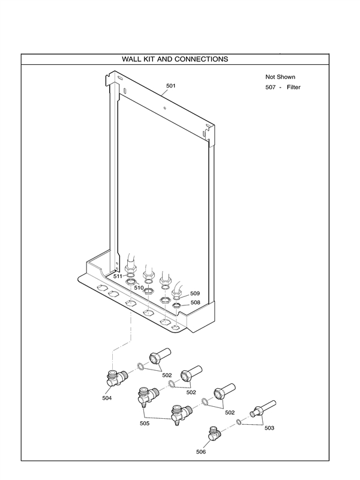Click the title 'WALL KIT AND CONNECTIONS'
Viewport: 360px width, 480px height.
pyautogui.click(x=175, y=59)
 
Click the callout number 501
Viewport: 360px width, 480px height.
pyautogui.click(x=171, y=86)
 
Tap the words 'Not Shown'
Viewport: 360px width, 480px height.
pyautogui.click(x=280, y=77)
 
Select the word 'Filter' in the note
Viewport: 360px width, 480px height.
pyautogui.click(x=293, y=88)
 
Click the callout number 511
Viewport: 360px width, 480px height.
pyautogui.click(x=118, y=277)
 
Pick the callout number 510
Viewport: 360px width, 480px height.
pyautogui.click(x=139, y=288)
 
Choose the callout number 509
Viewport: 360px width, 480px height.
pyautogui.click(x=194, y=293)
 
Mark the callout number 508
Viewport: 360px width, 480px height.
pyautogui.click(x=195, y=303)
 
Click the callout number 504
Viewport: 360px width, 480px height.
pyautogui.click(x=107, y=397)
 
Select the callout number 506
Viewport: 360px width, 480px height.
pyautogui.click(x=201, y=452)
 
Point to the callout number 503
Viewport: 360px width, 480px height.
pyautogui.click(x=269, y=427)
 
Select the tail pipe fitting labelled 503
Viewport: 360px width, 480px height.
pyautogui.click(x=264, y=408)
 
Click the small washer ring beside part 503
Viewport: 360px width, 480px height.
pyautogui.click(x=239, y=422)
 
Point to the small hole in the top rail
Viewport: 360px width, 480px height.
pyautogui.click(x=164, y=108)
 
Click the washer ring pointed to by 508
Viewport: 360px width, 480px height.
pyautogui.click(x=177, y=306)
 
